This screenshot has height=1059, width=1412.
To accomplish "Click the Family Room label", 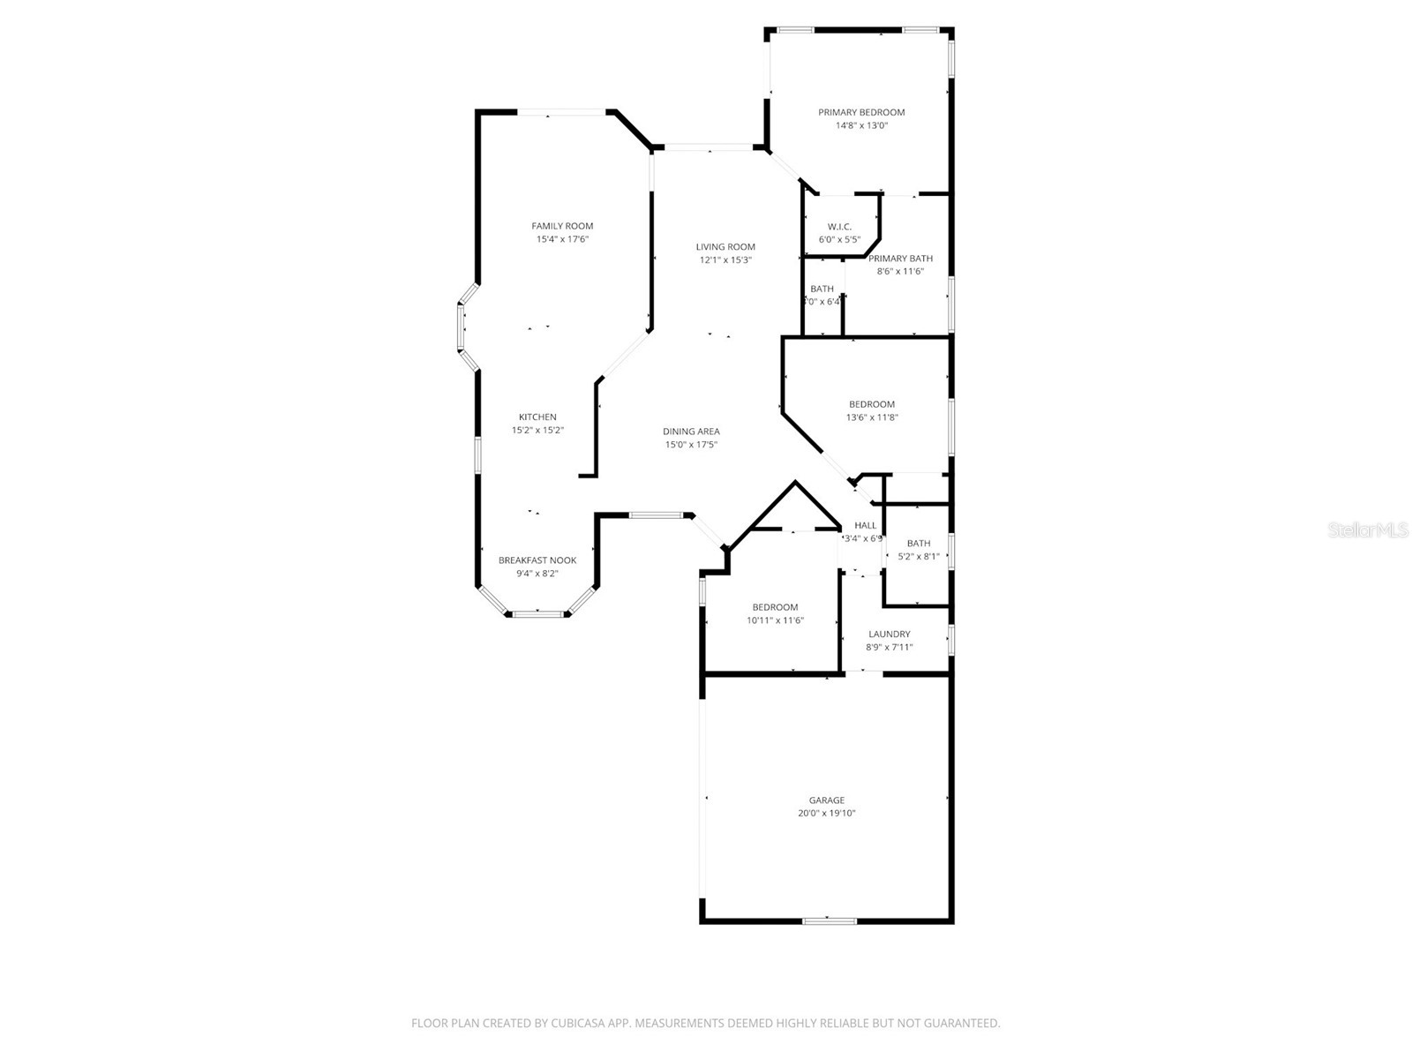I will click(562, 226).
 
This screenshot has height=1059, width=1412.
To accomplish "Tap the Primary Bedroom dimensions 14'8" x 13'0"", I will click(861, 125).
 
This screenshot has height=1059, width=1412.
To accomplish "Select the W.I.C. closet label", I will click(839, 227).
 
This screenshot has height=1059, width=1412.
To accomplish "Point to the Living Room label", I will click(725, 247).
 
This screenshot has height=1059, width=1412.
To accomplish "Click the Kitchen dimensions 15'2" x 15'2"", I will click(537, 431).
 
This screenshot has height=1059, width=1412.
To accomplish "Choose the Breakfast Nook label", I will click(537, 560).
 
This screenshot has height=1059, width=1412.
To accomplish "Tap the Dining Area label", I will click(691, 432).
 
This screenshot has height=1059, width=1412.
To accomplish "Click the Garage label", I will click(827, 800).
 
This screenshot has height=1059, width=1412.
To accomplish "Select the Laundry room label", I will click(889, 634).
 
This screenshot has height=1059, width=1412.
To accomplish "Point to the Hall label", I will click(865, 525).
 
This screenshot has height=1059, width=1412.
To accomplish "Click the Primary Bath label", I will click(900, 259).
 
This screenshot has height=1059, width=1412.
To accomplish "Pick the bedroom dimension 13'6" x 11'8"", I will click(872, 417).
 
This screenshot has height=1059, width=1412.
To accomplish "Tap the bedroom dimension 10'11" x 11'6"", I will click(775, 620).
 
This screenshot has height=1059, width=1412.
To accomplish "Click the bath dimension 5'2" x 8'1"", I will click(918, 557).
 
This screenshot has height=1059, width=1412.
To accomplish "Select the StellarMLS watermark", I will click(1368, 530).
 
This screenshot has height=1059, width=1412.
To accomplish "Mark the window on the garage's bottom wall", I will click(830, 921).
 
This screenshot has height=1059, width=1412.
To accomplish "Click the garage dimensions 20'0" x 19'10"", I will click(827, 814).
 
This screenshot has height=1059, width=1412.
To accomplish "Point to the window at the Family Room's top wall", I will click(561, 112).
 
